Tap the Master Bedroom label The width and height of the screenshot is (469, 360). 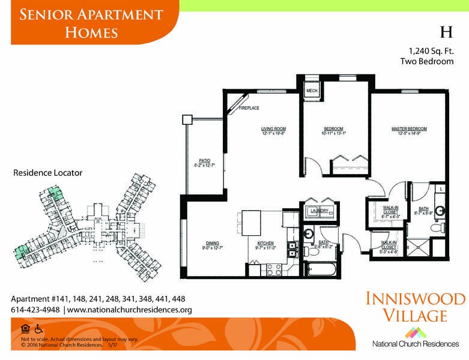click(409, 129)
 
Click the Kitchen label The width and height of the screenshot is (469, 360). click(265, 244)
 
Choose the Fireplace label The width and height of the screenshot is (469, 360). click(249, 108)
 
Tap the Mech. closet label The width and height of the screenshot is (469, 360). click(312, 91)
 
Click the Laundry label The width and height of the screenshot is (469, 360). click(319, 211)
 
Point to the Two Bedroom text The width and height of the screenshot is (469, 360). click(427, 61)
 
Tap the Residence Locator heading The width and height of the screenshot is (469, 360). click(47, 173)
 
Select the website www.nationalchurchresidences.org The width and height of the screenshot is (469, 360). click(129, 310)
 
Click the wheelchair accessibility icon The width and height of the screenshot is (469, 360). click(38, 329)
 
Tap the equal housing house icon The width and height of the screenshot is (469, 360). click(25, 329)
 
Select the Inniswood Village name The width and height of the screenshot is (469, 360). click(415, 307)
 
